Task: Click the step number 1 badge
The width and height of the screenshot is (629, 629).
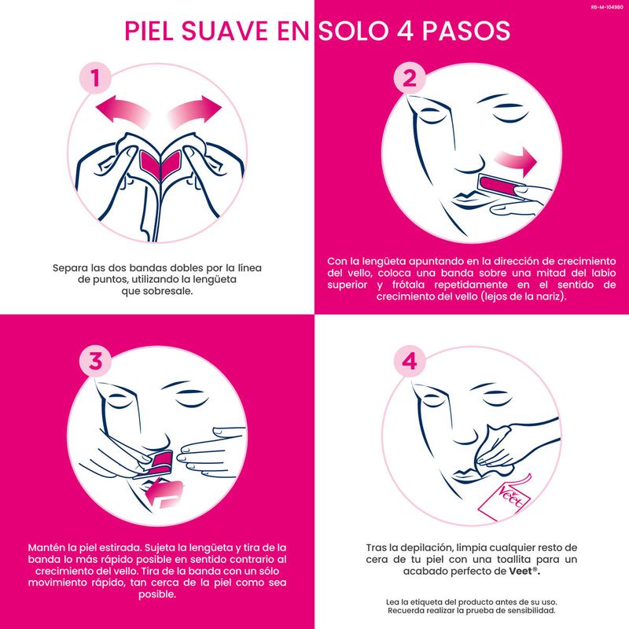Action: (95, 78)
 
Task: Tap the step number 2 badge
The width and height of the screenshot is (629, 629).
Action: (409, 78)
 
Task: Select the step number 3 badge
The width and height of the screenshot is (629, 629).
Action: (95, 361)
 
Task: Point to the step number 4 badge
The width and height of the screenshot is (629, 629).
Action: (409, 361)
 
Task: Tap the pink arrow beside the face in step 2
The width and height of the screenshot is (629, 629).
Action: (516, 161)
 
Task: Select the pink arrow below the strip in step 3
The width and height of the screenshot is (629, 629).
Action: (164, 494)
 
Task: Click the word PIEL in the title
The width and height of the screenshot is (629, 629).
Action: (149, 31)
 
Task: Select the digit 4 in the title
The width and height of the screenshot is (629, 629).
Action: (405, 31)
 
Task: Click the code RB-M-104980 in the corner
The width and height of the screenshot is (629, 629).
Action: (607, 7)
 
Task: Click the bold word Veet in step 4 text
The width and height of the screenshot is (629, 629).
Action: (520, 571)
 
